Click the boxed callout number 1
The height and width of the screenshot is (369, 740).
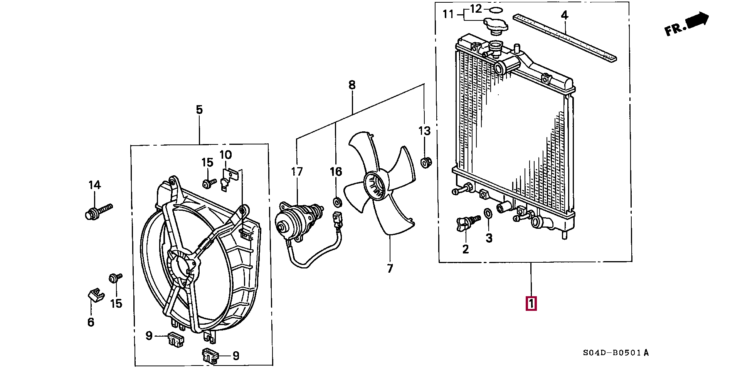[531, 304]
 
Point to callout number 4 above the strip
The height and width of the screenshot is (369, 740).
[564, 15]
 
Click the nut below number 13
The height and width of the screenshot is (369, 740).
[425, 162]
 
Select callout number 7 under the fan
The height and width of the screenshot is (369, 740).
[390, 268]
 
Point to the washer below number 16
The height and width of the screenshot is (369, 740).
[337, 202]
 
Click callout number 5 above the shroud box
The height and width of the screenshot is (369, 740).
[199, 109]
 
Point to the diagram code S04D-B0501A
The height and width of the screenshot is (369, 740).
[616, 352]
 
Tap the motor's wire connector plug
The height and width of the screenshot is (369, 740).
[338, 220]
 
